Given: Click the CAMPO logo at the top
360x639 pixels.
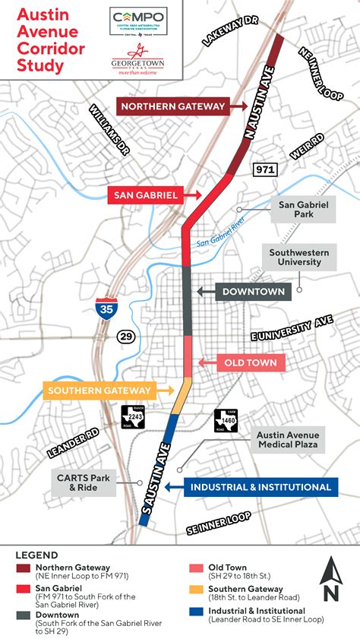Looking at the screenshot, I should point(138,18).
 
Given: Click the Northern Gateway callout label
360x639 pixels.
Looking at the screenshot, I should point(173,106).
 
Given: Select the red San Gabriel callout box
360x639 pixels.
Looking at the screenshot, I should point(145,195).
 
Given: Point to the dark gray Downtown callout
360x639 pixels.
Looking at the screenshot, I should point(254,291).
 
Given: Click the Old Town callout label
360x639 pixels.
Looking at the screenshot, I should point(251,363).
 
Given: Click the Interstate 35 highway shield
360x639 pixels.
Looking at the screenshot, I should point(106,308).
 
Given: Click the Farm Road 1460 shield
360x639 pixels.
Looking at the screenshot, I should point(225,419).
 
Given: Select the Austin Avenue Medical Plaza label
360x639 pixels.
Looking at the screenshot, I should point(287,439).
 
